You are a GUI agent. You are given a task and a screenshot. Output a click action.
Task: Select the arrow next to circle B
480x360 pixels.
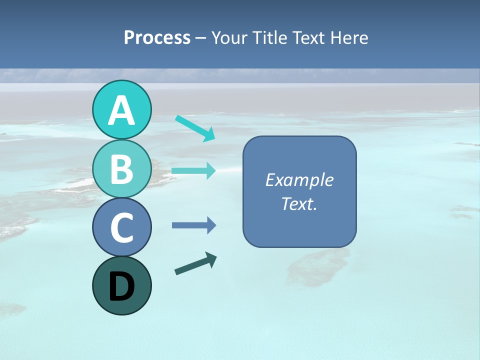[x=193, y=171]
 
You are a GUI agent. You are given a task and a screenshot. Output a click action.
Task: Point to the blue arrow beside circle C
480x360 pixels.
[x=193, y=225]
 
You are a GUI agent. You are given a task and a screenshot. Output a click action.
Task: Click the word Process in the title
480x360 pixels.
[x=157, y=38]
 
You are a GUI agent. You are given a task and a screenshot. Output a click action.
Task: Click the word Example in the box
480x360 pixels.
[x=299, y=180]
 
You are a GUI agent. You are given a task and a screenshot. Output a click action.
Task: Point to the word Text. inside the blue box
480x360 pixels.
[x=299, y=203]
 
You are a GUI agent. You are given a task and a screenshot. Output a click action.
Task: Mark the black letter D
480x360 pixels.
[x=121, y=286]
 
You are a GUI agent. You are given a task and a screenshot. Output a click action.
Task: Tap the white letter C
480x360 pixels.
[x=121, y=227]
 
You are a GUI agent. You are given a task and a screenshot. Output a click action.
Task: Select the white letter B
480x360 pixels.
[x=121, y=169]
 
